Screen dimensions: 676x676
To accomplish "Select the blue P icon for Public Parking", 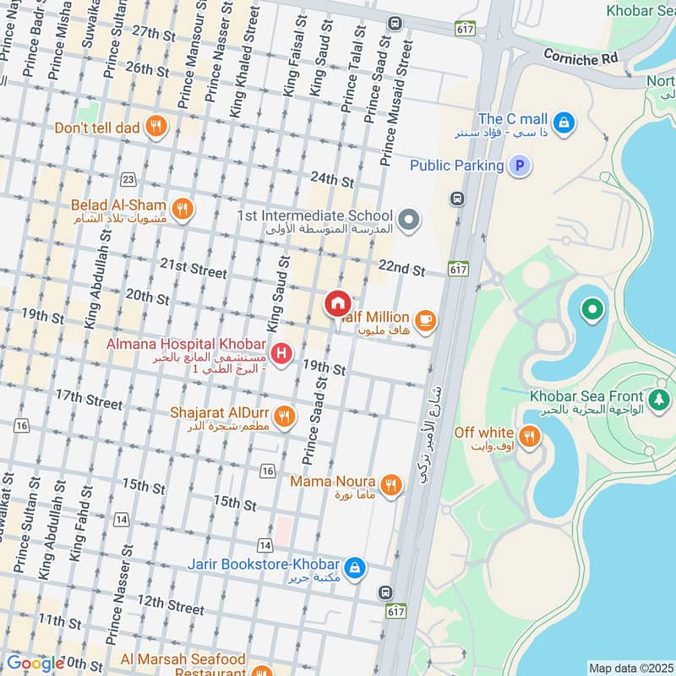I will (x=521, y=166).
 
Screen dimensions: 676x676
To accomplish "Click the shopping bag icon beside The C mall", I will (x=564, y=122).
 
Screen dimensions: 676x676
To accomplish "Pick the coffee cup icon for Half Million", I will (x=425, y=319).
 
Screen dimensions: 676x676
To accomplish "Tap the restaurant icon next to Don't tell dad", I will (x=155, y=128).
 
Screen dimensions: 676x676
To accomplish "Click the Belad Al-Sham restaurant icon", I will (x=181, y=208).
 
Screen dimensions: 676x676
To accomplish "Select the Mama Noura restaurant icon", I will (x=390, y=485).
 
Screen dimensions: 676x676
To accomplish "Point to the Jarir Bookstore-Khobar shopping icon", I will (x=356, y=566).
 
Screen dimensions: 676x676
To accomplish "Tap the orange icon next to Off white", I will (x=529, y=436).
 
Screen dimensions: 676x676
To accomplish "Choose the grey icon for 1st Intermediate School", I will (x=410, y=221).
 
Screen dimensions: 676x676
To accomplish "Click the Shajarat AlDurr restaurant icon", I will (x=285, y=416).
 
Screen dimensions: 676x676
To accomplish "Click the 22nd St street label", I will (x=401, y=269).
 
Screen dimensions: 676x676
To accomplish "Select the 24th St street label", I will (x=331, y=179).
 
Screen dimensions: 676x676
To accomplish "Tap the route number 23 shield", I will (x=128, y=178).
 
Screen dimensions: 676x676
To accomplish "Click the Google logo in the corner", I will (x=35, y=663).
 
